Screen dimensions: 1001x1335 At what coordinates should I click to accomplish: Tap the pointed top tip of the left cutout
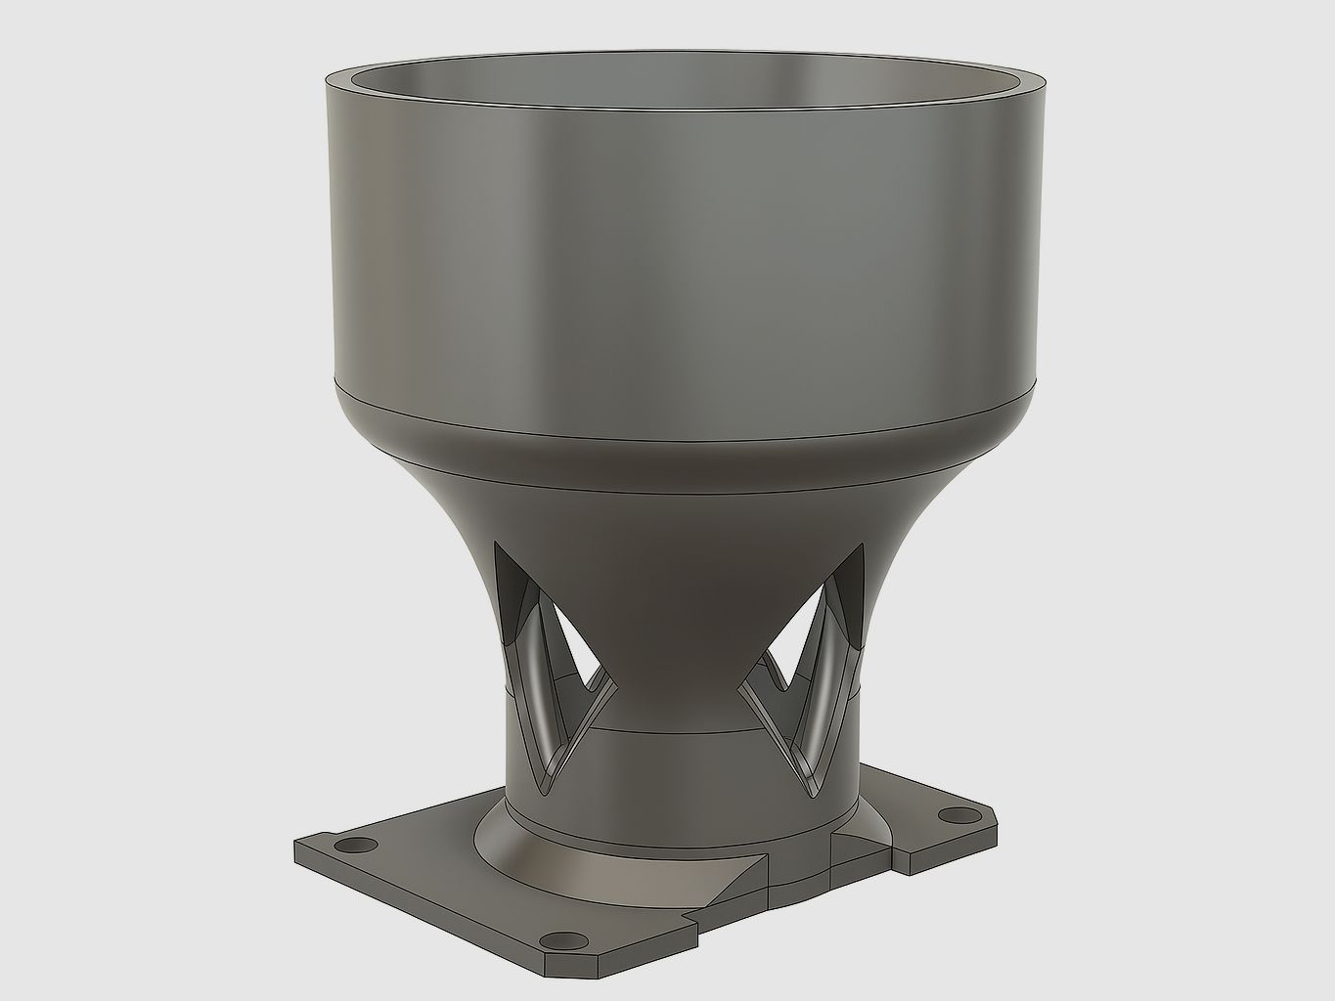pyautogui.click(x=497, y=548)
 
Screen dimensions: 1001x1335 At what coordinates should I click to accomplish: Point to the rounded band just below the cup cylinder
pyautogui.click(x=675, y=415)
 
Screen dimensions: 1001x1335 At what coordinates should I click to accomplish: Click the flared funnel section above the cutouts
pyautogui.click(x=675, y=489)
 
